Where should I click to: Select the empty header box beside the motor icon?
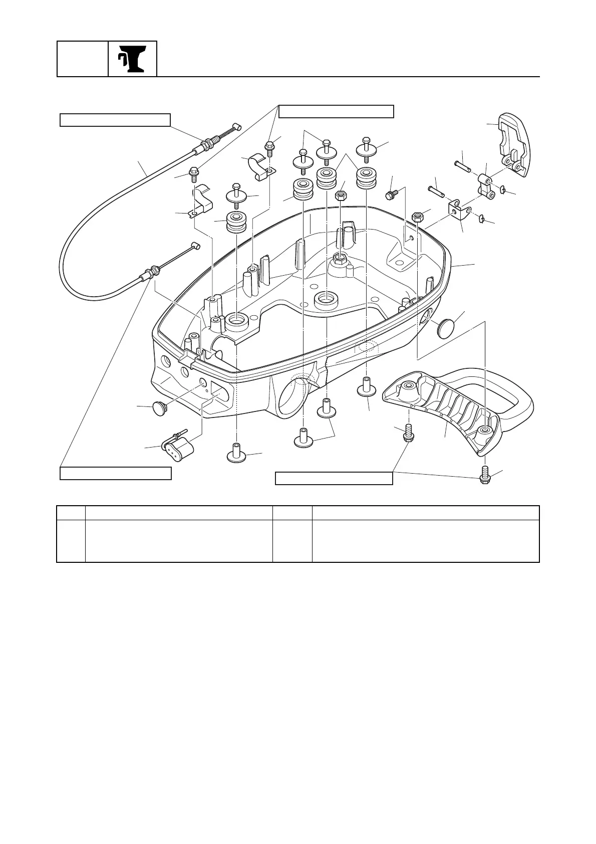pyautogui.click(x=83, y=59)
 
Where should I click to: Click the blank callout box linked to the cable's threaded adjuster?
pyautogui.click(x=115, y=120)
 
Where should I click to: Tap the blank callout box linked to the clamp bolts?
pyautogui.click(x=336, y=111)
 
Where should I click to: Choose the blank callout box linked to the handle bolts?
pyautogui.click(x=334, y=479)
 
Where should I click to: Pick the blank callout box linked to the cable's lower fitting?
pyautogui.click(x=116, y=473)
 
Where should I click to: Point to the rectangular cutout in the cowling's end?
pyautogui.click(x=217, y=390)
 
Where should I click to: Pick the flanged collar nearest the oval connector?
pyautogui.click(x=237, y=454)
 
